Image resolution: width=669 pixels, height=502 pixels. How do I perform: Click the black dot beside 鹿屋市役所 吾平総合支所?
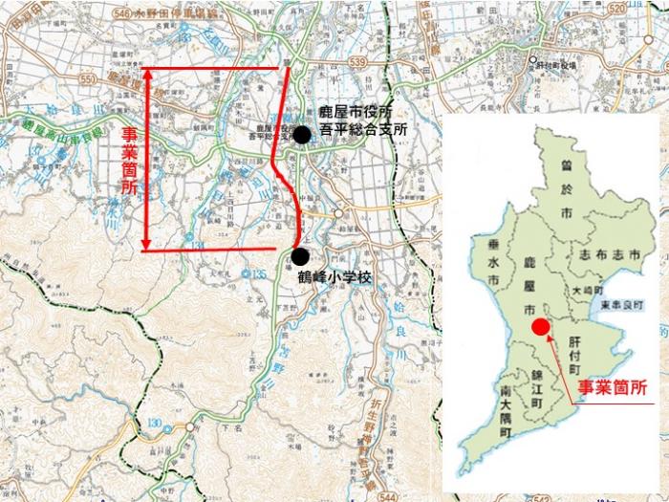click(x=302, y=135)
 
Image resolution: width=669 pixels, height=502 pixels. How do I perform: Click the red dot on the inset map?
click(x=541, y=327)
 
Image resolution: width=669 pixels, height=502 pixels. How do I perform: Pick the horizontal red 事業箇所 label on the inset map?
click(x=613, y=389)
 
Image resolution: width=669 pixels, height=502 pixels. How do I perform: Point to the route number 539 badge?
click(x=357, y=61)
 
